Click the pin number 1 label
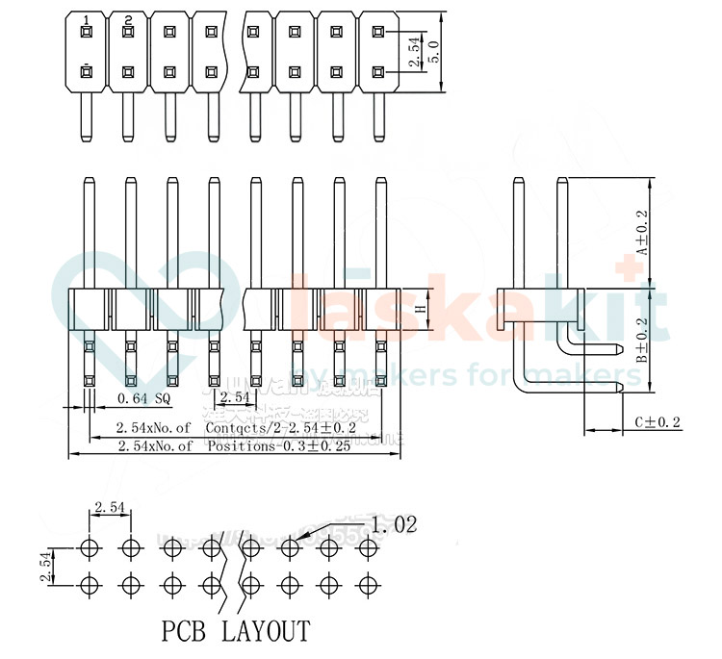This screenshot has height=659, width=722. (x=87, y=19)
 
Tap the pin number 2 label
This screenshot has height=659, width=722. (x=127, y=19)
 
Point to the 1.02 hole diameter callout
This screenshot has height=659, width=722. (x=394, y=524)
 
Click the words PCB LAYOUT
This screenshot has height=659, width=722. (x=236, y=631)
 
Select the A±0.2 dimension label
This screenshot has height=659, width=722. (x=643, y=232)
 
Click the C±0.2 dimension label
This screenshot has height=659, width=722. (x=658, y=422)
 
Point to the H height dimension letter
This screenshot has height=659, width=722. (x=420, y=310)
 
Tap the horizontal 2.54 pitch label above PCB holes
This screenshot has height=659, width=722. (x=109, y=507)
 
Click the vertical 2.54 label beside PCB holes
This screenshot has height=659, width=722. (x=45, y=566)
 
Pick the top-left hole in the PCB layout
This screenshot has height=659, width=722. (x=90, y=548)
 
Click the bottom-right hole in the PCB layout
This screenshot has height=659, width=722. (x=367, y=584)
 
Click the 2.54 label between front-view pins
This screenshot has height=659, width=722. (x=236, y=397)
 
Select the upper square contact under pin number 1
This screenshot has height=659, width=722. (x=87, y=32)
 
